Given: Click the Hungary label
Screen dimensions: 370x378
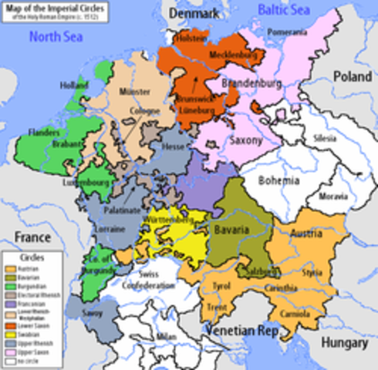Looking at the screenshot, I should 343,341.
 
